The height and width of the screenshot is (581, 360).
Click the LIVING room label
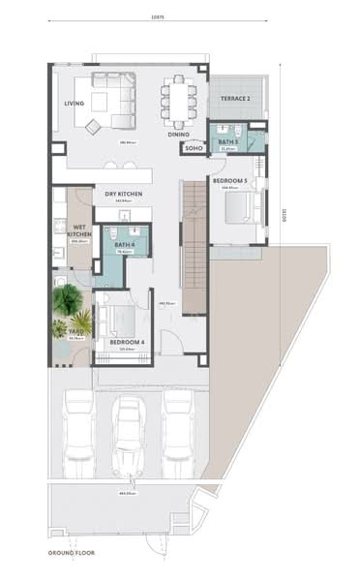75,104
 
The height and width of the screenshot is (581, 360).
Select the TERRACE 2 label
235,100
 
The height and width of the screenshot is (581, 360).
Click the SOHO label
194,149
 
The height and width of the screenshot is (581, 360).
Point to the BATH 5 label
227,143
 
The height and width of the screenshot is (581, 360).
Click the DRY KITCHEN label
124,194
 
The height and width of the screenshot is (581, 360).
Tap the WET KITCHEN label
81,231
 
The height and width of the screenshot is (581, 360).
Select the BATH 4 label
124,245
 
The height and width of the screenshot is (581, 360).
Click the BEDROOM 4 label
127,343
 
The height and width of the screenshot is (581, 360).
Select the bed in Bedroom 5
241,208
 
